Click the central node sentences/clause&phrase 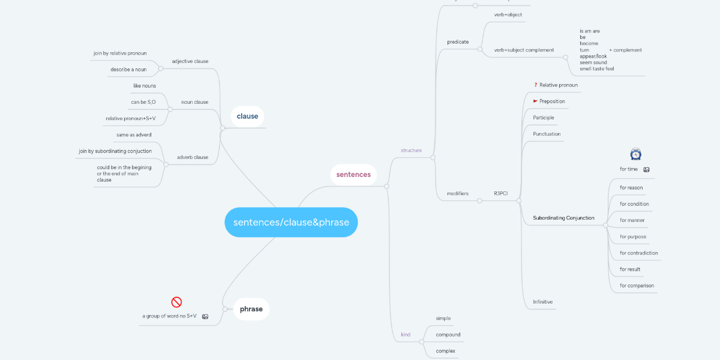291,223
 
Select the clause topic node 247,116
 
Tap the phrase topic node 251,309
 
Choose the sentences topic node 353,175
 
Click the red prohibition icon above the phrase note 176,302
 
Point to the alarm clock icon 635,154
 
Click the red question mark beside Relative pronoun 535,85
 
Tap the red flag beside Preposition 535,101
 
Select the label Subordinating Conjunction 563,218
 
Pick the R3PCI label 500,193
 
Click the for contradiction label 638,253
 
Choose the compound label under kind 448,334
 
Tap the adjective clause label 190,61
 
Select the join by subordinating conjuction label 115,151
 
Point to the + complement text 625,50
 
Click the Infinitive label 542,302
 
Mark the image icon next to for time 646,170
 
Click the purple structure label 411,150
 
